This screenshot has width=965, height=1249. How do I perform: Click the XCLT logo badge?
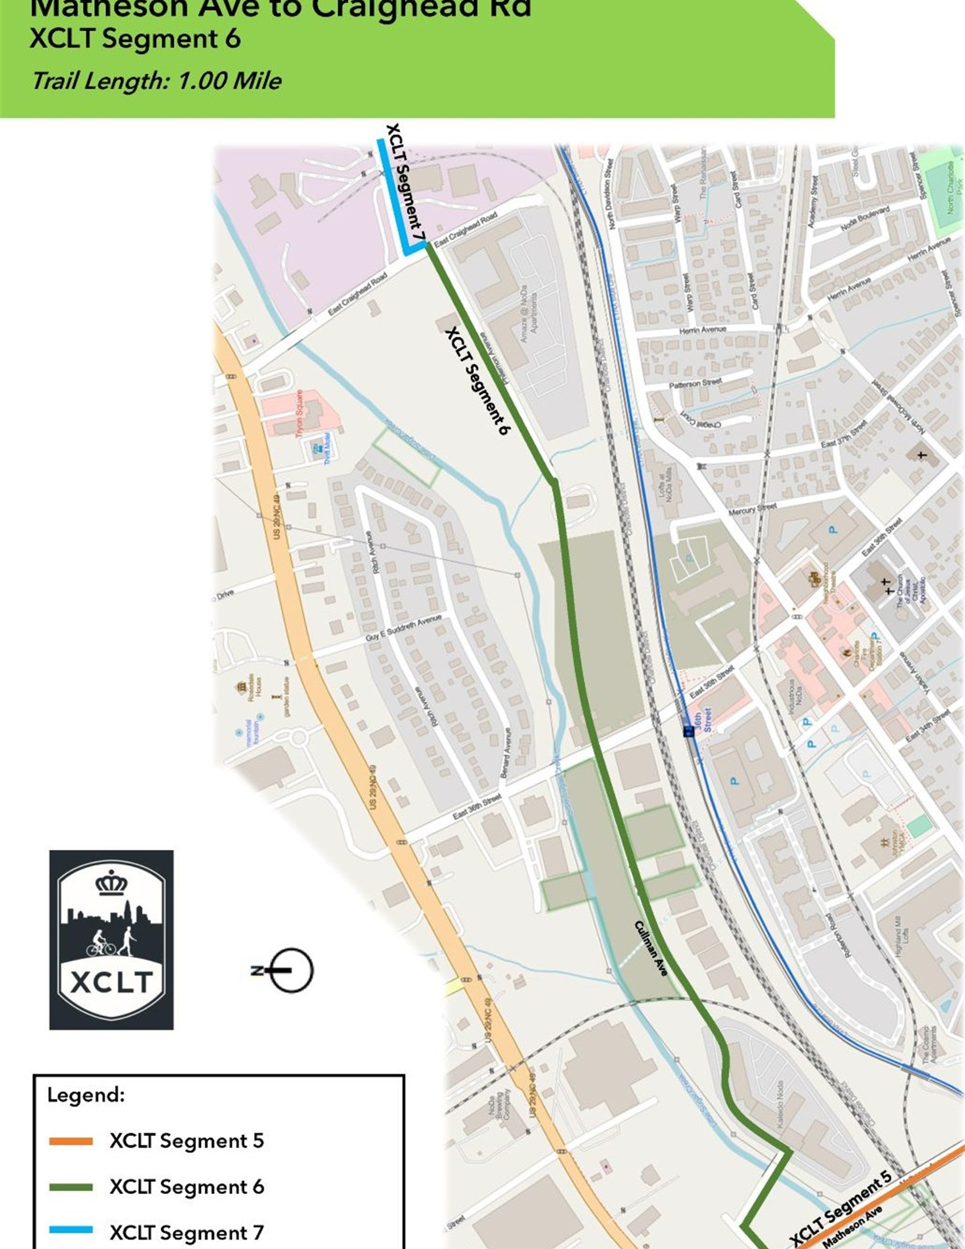tap(111, 940)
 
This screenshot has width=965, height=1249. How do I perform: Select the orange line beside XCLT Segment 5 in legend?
tap(71, 1141)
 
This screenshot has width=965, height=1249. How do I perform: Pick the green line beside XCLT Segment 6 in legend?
tap(71, 1187)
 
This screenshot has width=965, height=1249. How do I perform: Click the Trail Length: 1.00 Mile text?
tap(156, 81)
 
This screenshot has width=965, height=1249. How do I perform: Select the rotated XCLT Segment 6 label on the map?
tap(476, 380)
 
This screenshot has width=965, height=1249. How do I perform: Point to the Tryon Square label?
tap(299, 413)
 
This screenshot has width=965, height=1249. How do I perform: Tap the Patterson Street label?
tap(695, 383)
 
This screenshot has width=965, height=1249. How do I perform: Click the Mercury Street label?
tap(752, 509)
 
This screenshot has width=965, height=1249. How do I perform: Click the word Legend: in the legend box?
tap(86, 1095)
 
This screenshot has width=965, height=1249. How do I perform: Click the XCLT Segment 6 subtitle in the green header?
tap(135, 39)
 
